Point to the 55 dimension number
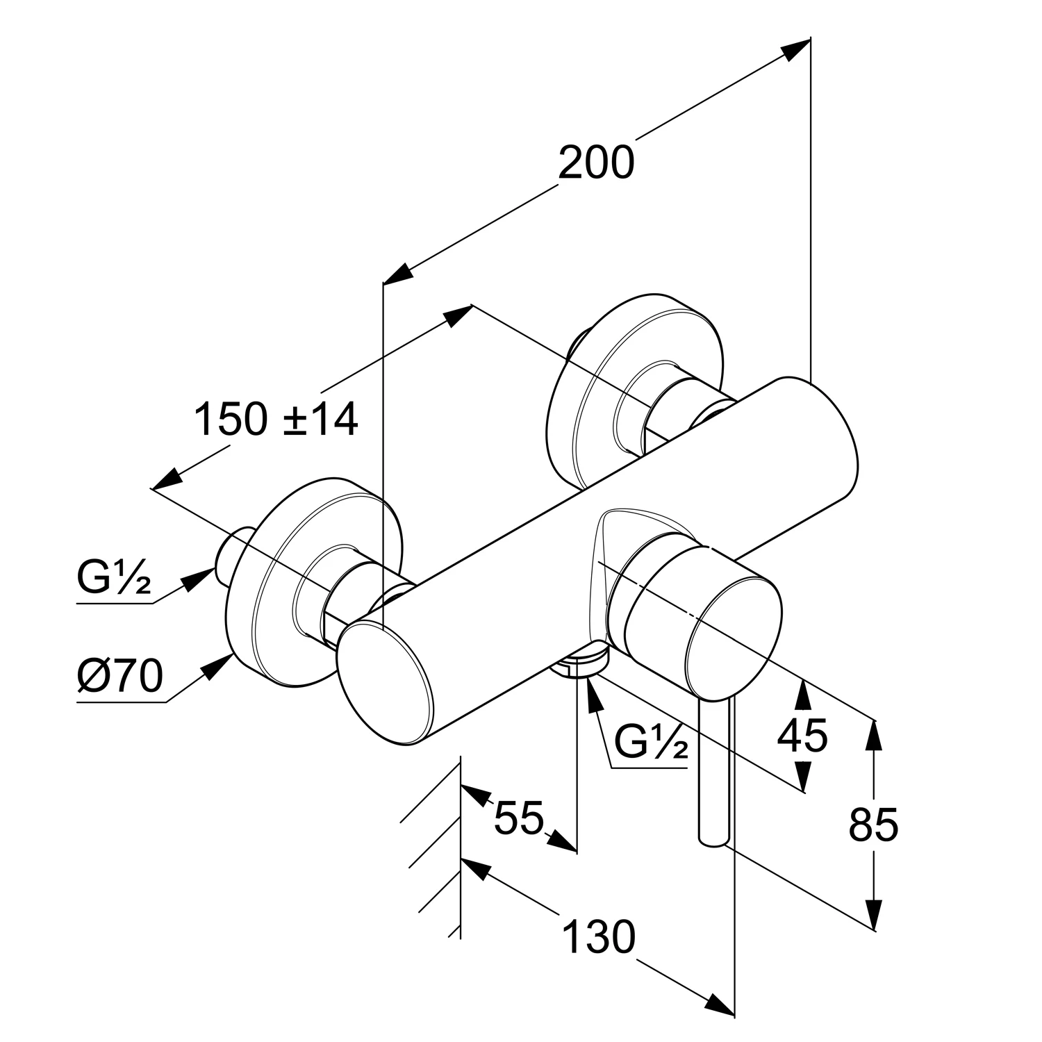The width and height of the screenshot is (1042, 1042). [x=518, y=818]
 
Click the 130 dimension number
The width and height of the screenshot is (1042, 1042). [x=598, y=937]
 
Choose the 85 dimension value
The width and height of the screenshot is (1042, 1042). [x=873, y=825]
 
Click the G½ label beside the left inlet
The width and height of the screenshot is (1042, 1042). [x=113, y=581]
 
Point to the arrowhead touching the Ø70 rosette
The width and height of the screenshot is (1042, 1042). [x=220, y=663]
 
